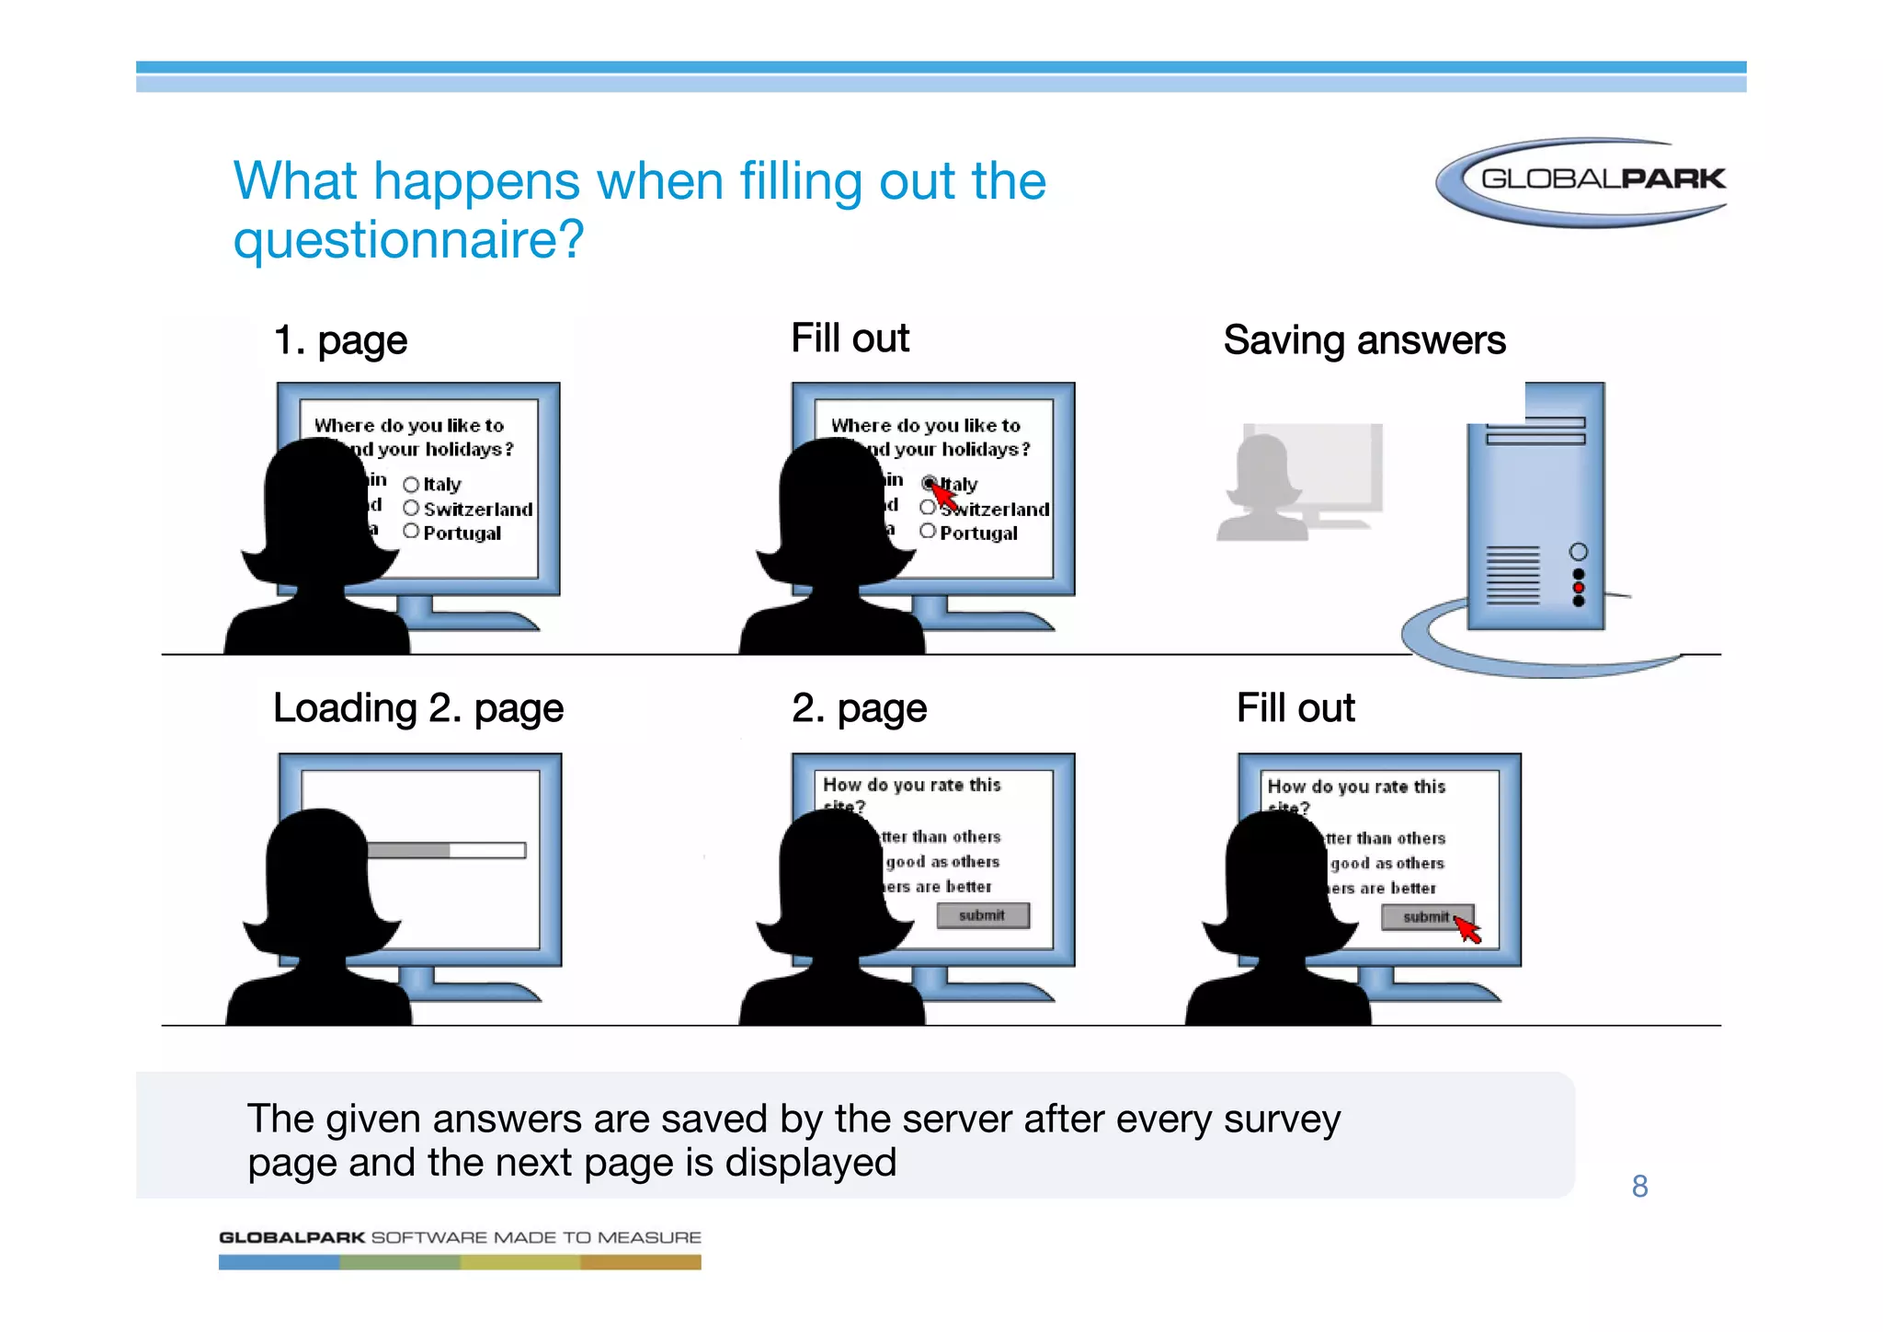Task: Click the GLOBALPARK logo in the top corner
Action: point(1582,180)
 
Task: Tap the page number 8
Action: point(1639,1187)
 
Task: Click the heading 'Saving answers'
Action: point(1364,340)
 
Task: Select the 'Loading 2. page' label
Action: point(418,708)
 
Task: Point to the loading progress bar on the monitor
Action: point(447,851)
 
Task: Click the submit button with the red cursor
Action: point(1426,917)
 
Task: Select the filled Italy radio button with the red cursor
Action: point(930,483)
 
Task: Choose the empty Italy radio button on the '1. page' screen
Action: point(411,485)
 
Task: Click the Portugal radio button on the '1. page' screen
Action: point(411,532)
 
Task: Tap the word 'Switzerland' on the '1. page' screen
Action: point(478,510)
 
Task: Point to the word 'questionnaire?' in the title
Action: point(408,239)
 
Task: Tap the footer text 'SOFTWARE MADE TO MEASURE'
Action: point(536,1238)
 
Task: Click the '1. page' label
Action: point(340,340)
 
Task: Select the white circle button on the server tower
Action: point(1579,552)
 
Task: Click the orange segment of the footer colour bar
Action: point(641,1263)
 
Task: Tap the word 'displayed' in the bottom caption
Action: point(810,1163)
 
